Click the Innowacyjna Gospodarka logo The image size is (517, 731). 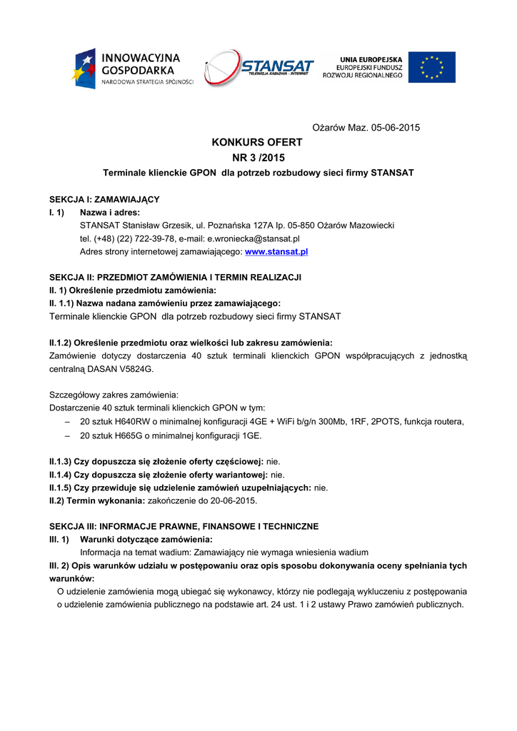tap(131, 69)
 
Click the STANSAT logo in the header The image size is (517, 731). tap(258, 69)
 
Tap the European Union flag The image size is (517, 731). tap(431, 67)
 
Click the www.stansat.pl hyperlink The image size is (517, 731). tap(276, 252)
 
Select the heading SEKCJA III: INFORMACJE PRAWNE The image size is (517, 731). tap(184, 526)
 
